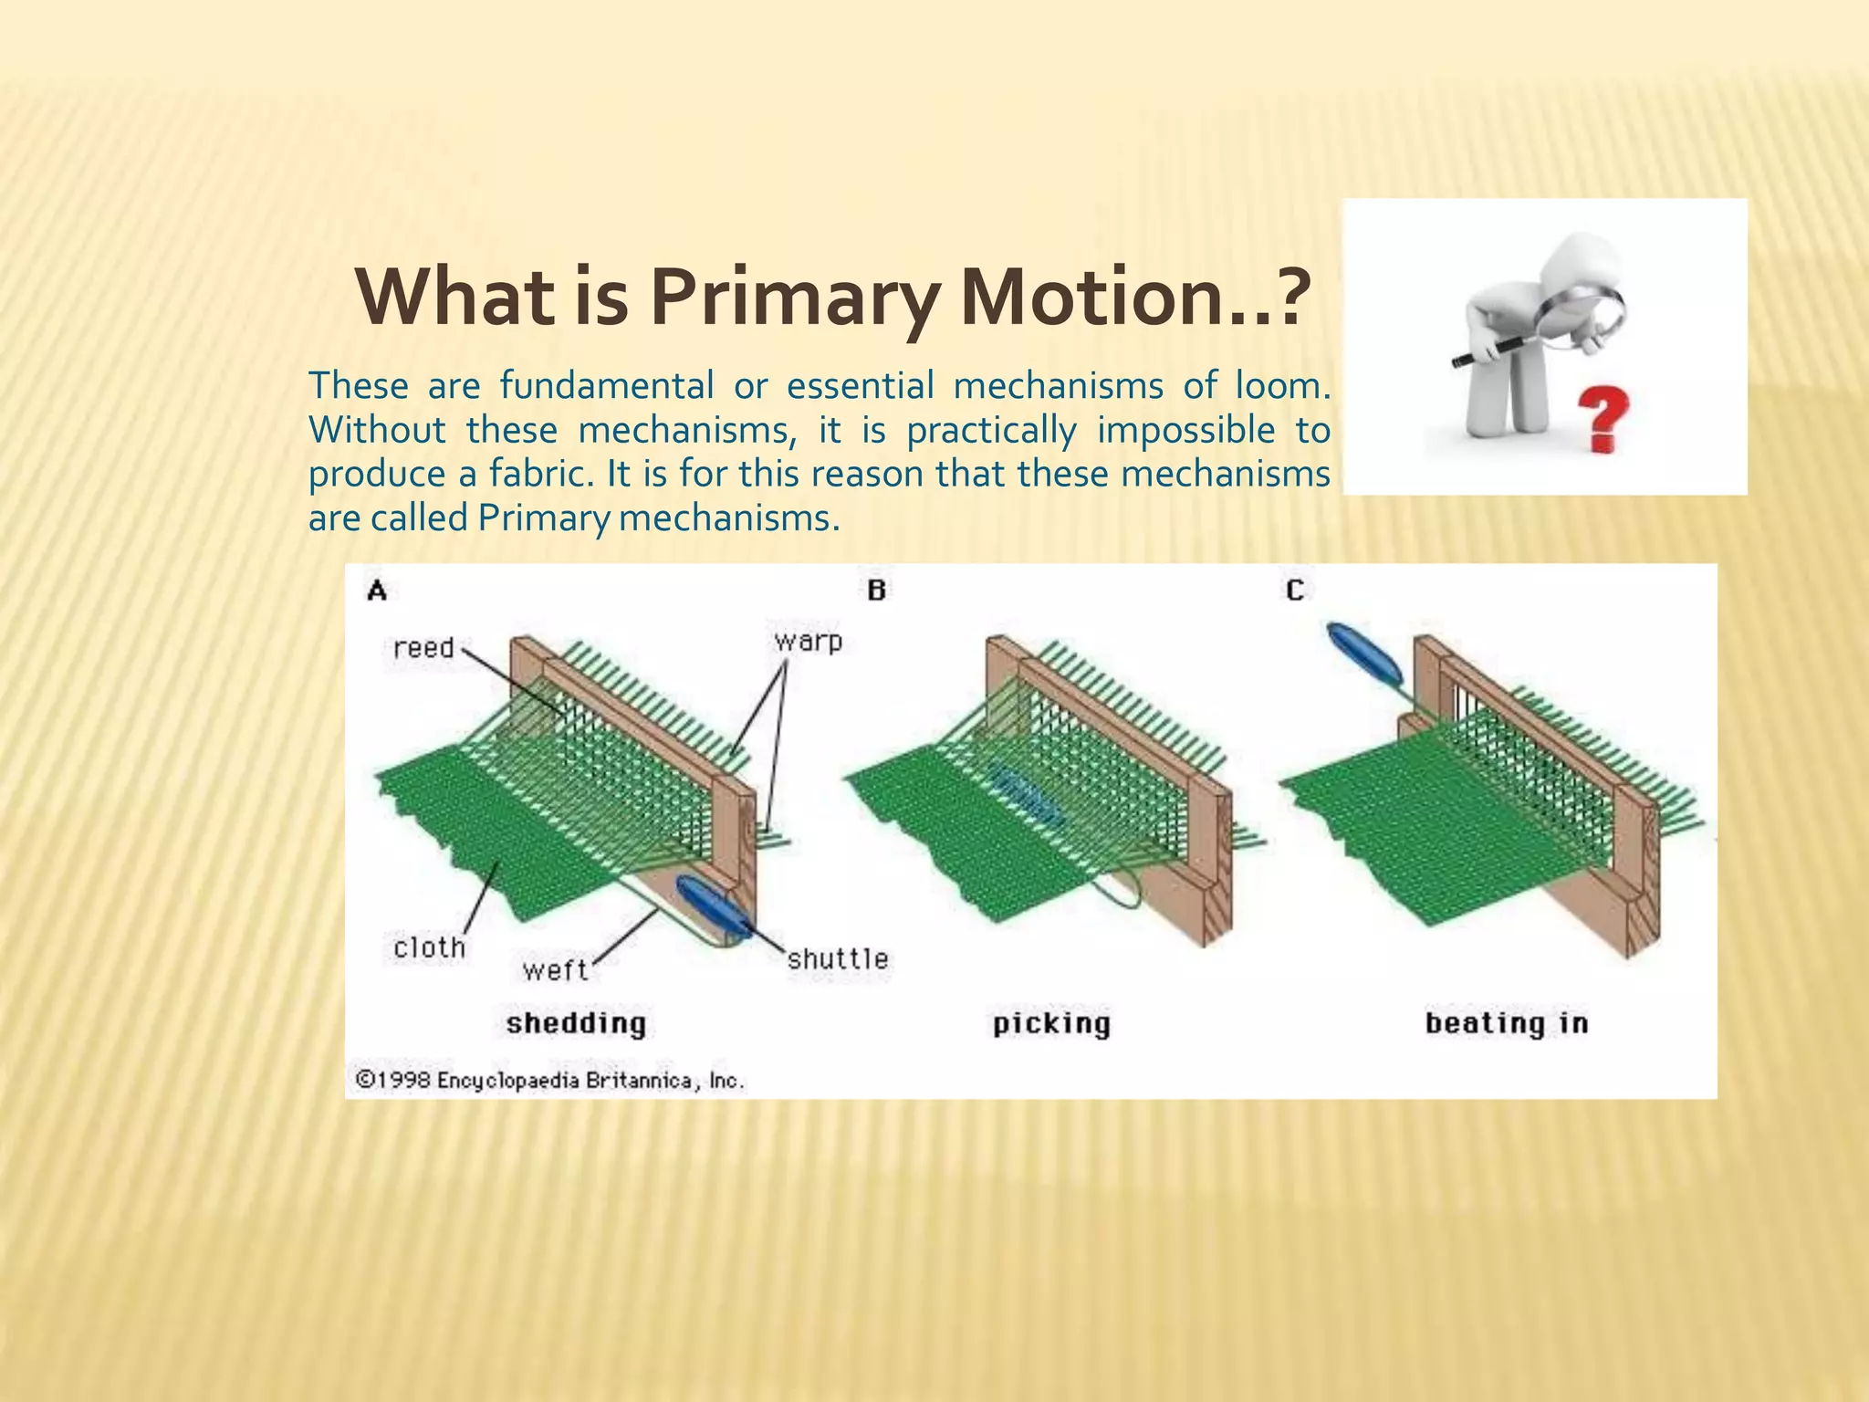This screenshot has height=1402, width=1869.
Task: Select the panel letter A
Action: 377,591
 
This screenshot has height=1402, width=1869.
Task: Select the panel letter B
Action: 876,591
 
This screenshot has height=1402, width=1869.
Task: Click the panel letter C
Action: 1295,591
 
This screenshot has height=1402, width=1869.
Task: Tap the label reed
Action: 423,648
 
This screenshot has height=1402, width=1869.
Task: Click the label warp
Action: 808,641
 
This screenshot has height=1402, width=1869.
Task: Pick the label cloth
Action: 429,947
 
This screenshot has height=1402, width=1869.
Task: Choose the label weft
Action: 555,969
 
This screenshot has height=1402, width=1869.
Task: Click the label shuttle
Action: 837,958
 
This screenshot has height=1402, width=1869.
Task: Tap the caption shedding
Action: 576,1023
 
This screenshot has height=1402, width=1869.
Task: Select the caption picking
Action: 1051,1024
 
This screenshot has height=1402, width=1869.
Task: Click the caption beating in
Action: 1506,1023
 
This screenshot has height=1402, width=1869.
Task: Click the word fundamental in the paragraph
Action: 607,386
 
